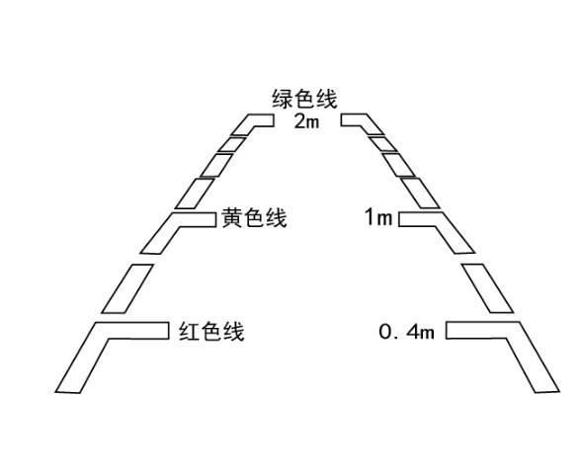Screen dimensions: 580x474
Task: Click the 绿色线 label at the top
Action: pyautogui.click(x=304, y=99)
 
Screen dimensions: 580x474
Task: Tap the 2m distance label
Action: pyautogui.click(x=306, y=121)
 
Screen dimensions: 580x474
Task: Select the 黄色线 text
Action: pyautogui.click(x=254, y=218)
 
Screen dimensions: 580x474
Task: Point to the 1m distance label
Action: pyautogui.click(x=378, y=217)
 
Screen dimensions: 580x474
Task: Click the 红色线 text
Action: pyautogui.click(x=211, y=331)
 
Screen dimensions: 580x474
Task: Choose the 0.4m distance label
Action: pyautogui.click(x=406, y=332)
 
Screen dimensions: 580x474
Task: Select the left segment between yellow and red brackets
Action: pyautogui.click(x=127, y=288)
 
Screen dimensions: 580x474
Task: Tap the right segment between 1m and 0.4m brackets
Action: pyautogui.click(x=487, y=288)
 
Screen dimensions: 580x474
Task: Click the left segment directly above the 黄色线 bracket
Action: pyautogui.click(x=195, y=194)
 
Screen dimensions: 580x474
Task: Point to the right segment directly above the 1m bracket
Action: pyautogui.click(x=420, y=194)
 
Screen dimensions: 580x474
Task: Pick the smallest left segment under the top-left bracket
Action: pyautogui.click(x=232, y=144)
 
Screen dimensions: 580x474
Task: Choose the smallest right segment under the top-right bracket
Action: pyautogui.click(x=383, y=144)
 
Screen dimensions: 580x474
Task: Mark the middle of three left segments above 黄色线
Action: pyautogui.click(x=216, y=165)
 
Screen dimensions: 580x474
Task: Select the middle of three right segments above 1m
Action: pyautogui.click(x=399, y=165)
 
